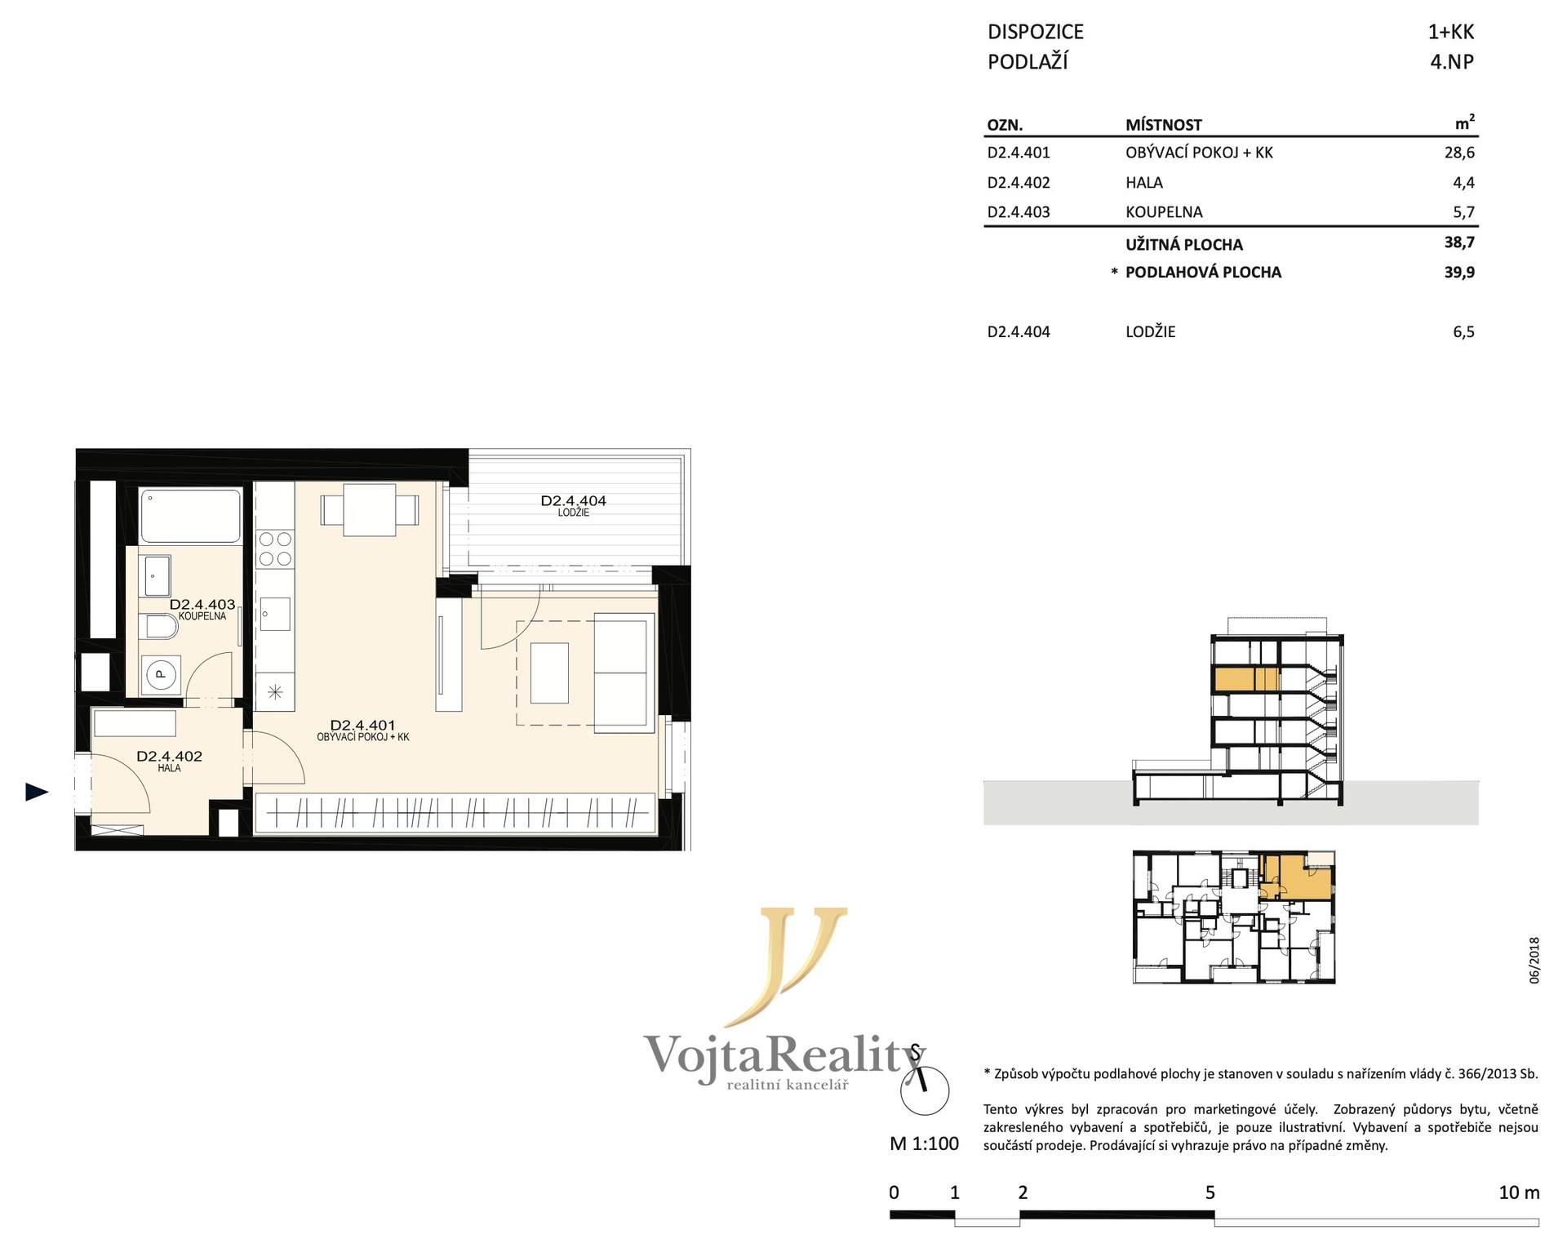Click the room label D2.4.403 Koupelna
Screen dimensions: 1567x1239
202,609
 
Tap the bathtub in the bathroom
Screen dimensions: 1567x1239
191,516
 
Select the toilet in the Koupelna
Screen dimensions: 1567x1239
162,627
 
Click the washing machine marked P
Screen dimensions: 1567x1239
162,674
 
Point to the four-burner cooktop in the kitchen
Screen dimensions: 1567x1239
274,548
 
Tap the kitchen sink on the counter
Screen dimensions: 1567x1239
274,614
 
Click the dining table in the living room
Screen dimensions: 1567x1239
370,510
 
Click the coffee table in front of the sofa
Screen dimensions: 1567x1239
549,673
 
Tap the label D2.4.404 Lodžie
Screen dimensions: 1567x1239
574,505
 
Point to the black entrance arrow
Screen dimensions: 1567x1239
37,791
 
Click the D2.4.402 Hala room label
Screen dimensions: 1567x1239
170,761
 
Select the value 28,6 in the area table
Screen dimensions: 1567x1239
1459,153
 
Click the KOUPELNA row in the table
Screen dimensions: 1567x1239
1231,212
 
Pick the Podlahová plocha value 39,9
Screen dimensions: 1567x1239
1459,273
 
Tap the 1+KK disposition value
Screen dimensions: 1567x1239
1451,32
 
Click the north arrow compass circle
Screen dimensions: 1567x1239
925,1090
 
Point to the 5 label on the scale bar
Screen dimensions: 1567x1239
1210,1192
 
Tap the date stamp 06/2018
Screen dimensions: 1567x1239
1534,961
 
